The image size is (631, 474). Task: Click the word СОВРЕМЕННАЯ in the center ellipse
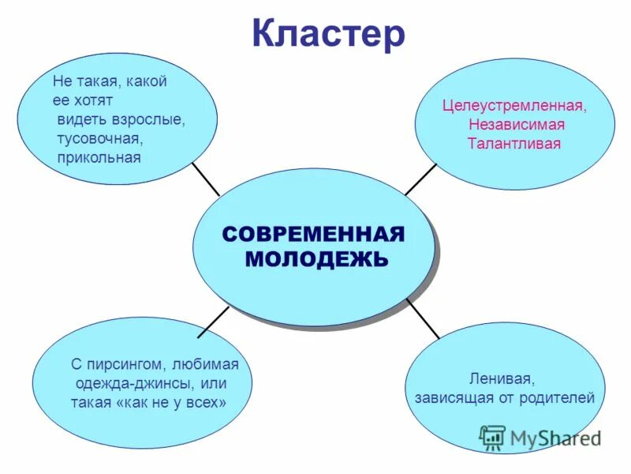click(313, 234)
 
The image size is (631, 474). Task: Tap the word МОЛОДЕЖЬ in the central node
click(316, 258)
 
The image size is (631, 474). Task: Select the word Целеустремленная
click(515, 105)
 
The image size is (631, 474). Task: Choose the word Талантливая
click(513, 144)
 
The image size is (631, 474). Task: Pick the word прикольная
click(99, 158)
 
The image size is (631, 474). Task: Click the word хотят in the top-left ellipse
click(95, 100)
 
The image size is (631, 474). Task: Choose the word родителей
click(558, 397)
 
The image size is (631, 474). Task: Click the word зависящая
click(451, 397)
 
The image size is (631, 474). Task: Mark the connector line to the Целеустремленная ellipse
click(421, 179)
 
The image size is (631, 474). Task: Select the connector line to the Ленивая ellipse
click(423, 318)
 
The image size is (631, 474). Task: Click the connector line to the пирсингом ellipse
click(214, 321)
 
